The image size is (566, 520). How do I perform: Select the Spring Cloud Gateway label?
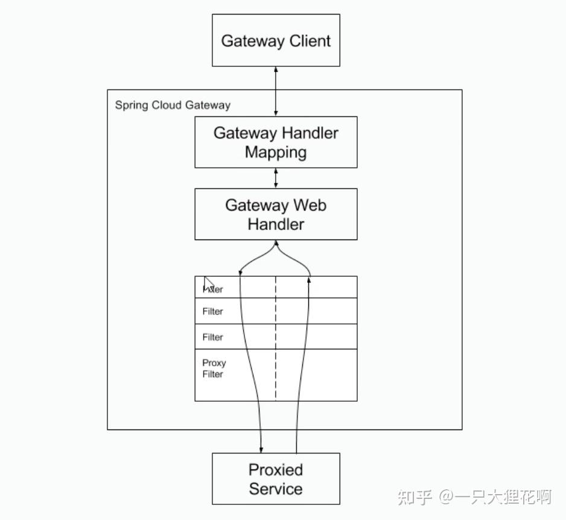173,105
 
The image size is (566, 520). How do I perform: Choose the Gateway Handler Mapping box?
276,142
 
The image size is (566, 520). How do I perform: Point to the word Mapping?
276,152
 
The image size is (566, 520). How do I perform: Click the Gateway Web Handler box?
276,214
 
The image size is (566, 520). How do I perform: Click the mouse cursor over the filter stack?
208,283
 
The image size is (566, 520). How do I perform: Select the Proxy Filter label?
214,369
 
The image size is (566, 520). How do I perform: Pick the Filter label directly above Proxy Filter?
212,337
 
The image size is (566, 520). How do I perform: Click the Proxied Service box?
276,479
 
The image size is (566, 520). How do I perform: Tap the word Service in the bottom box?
276,489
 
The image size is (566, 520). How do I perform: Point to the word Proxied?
276,470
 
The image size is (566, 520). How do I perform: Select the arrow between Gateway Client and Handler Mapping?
276,91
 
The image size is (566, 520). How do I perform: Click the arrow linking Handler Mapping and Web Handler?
276,178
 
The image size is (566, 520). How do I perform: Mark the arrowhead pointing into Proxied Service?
261,449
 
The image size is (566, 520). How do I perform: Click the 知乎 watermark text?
415,497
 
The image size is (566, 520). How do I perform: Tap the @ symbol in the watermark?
446,497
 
